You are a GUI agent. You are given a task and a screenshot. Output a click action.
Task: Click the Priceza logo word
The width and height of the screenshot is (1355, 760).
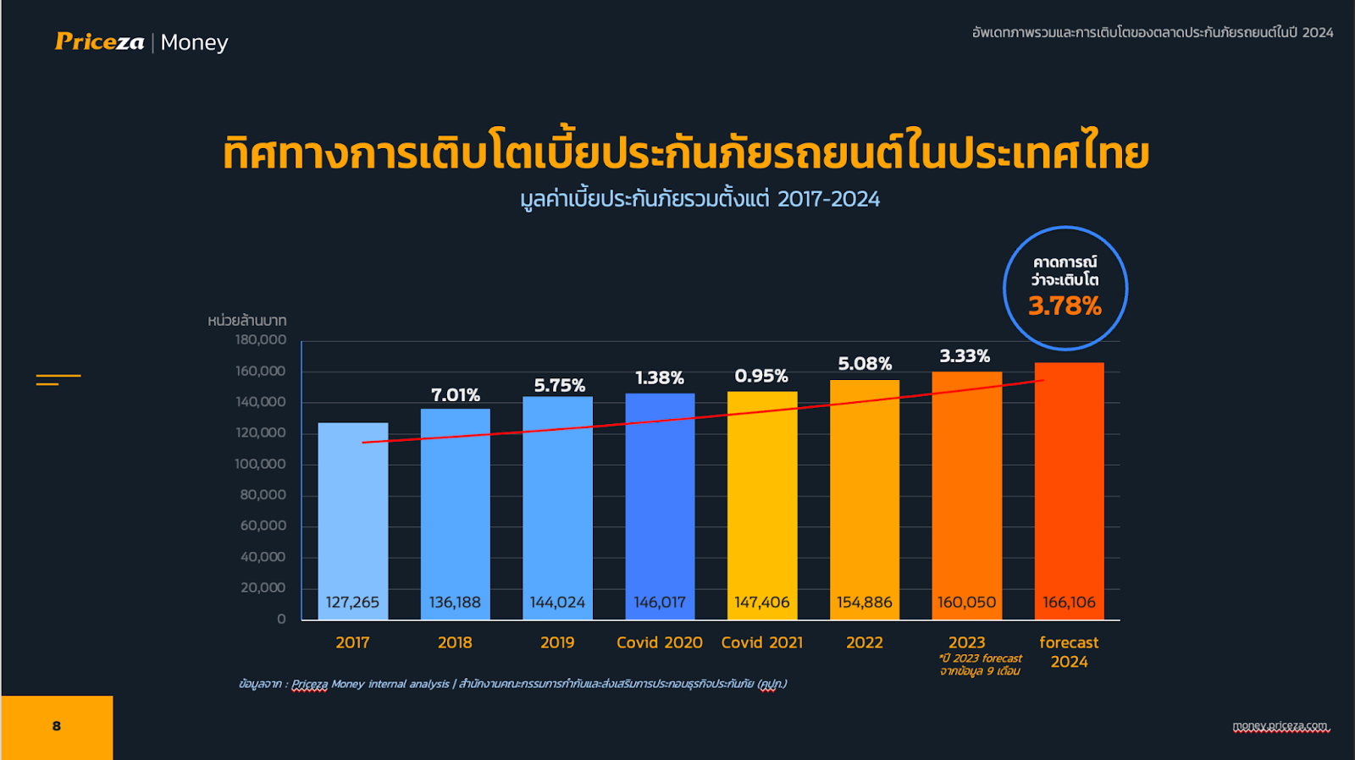pyautogui.click(x=99, y=41)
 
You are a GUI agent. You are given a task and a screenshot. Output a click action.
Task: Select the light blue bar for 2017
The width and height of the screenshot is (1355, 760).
pyautogui.click(x=352, y=508)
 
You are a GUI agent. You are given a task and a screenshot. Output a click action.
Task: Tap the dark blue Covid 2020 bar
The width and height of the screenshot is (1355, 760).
pyautogui.click(x=660, y=499)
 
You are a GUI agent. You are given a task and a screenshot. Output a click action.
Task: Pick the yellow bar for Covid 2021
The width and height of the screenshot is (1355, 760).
pyautogui.click(x=761, y=499)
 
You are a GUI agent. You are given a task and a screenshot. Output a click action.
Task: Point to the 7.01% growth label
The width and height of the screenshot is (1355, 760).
pyautogui.click(x=456, y=395)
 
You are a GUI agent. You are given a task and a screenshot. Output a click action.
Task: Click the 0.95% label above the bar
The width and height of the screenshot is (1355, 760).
pyautogui.click(x=761, y=376)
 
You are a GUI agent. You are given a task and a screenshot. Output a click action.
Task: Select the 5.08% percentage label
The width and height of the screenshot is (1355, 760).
pyautogui.click(x=865, y=364)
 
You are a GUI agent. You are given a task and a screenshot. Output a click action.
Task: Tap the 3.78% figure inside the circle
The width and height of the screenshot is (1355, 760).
pyautogui.click(x=1065, y=306)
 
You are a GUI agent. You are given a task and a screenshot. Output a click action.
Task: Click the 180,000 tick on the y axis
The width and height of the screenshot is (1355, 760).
pyautogui.click(x=261, y=340)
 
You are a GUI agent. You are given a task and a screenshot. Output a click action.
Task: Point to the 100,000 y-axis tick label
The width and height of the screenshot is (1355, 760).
pyautogui.click(x=261, y=464)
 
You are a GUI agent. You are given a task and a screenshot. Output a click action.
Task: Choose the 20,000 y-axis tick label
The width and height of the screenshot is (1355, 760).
pyautogui.click(x=263, y=587)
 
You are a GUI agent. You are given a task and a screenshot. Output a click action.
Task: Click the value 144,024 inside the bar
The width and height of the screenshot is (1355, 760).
pyautogui.click(x=557, y=603)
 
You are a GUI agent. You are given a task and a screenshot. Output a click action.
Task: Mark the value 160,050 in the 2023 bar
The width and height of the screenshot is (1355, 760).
pyautogui.click(x=966, y=603)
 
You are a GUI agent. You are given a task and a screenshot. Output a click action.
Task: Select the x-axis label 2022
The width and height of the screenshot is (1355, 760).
pyautogui.click(x=864, y=642)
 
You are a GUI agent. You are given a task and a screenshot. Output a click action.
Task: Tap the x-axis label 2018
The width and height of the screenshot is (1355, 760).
pyautogui.click(x=455, y=642)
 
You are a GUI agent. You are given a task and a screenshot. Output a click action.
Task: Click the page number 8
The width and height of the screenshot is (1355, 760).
pyautogui.click(x=57, y=726)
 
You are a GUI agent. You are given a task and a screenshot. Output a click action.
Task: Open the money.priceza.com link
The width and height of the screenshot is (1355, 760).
pyautogui.click(x=1280, y=726)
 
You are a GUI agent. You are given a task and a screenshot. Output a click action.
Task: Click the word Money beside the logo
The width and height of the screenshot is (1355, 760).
pyautogui.click(x=194, y=42)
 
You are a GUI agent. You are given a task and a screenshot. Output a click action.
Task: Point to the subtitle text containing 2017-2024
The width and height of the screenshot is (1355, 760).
pyautogui.click(x=700, y=199)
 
